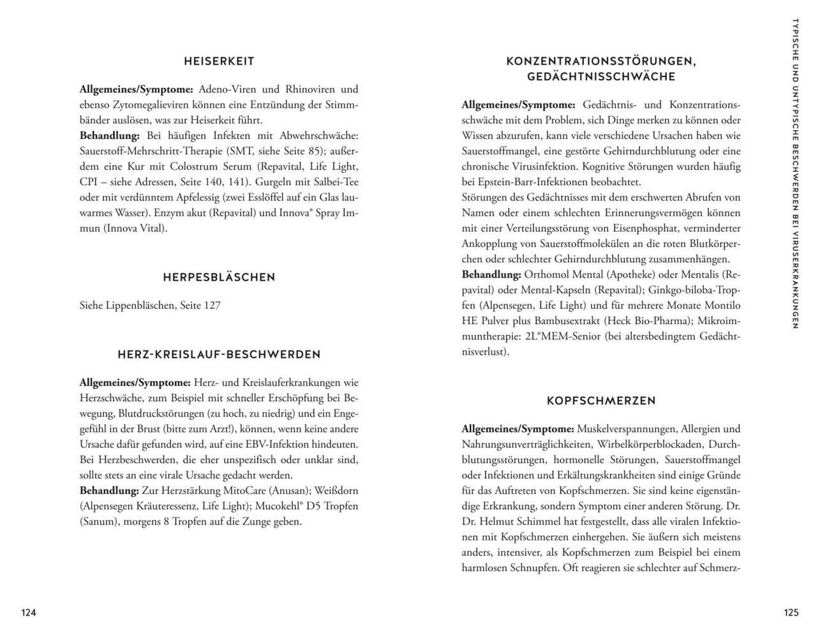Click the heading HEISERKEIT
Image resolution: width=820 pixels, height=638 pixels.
pos(219,61)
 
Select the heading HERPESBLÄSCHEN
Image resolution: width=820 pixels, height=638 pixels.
pos(219,277)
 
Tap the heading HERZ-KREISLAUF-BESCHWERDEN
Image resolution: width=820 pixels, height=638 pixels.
pos(219,354)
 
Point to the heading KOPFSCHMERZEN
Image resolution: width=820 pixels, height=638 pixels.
pos(601,401)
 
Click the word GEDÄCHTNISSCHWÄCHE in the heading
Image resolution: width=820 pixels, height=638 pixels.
pos(601,77)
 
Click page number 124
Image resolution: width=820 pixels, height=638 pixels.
pos(29,612)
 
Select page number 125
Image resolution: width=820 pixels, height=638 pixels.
pos(791,612)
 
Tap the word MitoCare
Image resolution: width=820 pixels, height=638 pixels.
pos(246,491)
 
